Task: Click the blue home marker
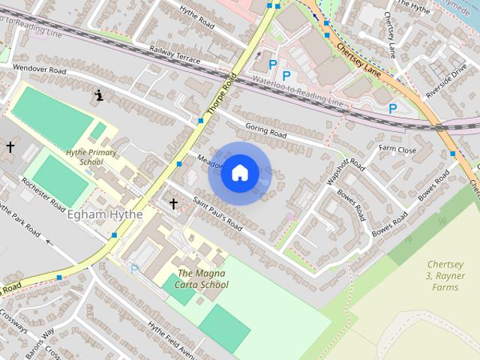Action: click(239, 173)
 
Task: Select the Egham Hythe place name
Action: click(105, 215)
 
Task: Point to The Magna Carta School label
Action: click(202, 279)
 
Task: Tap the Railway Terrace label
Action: click(175, 52)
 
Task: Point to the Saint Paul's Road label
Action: click(218, 214)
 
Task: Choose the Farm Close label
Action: click(397, 150)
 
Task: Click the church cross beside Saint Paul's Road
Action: click(173, 203)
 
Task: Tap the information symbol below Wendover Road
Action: click(98, 95)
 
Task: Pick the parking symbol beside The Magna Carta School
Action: click(135, 268)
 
